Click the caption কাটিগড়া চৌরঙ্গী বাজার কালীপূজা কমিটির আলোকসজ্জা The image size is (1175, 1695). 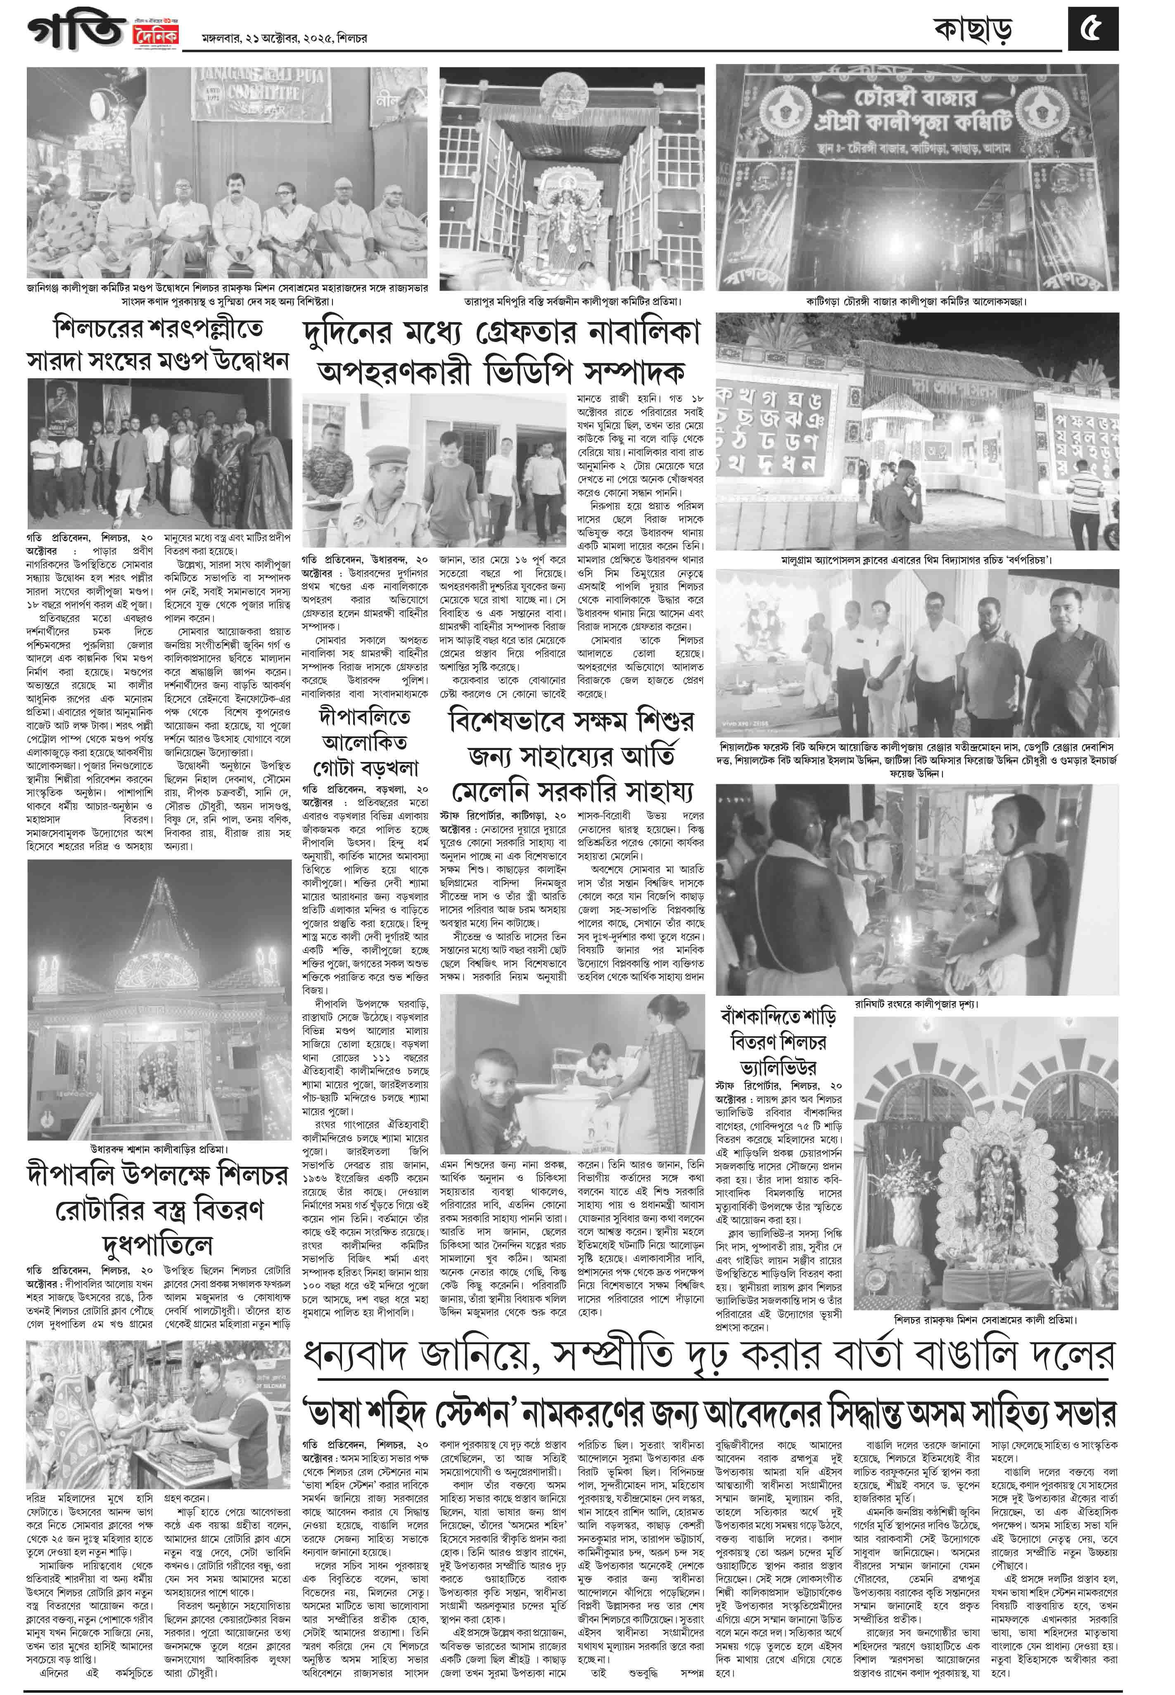(916, 301)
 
